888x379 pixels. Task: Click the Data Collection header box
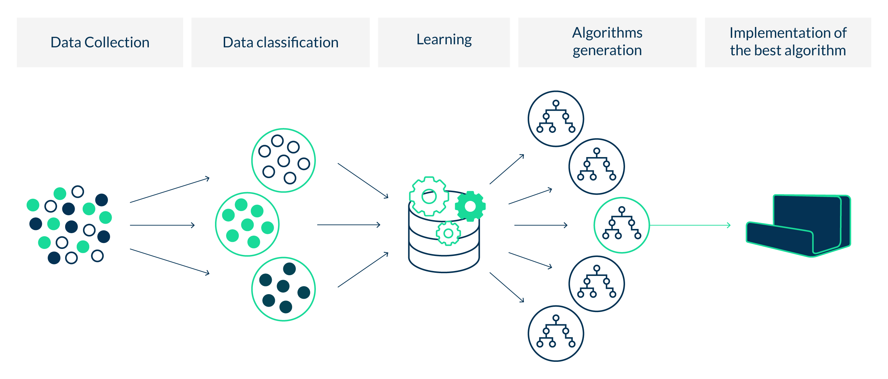[100, 42]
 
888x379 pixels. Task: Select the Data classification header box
[280, 42]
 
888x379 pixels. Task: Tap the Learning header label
[444, 40]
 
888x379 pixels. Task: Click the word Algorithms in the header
[607, 33]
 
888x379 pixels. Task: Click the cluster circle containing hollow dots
[284, 160]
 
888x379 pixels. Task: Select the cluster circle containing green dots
[247, 224]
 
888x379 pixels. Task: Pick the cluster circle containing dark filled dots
[284, 289]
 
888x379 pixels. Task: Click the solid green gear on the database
[470, 207]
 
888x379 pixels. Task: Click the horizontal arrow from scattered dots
[162, 225]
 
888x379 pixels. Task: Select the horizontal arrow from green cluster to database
[349, 225]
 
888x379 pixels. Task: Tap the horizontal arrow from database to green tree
[541, 225]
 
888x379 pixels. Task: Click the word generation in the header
[607, 51]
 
